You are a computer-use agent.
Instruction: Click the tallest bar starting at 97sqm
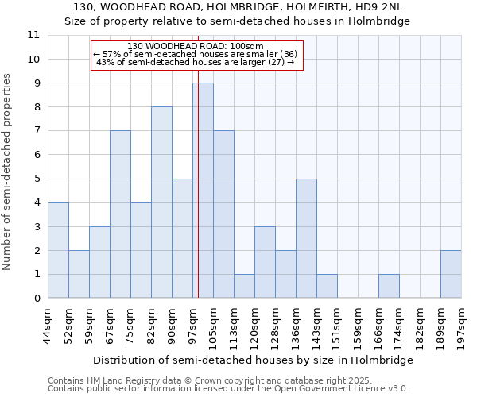203,191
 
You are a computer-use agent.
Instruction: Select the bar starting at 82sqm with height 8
161,202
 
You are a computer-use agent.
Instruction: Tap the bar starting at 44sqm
58,250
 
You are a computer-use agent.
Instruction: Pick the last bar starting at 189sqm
451,274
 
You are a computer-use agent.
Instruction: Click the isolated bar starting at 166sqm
389,286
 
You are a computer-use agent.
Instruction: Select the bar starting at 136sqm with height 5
306,238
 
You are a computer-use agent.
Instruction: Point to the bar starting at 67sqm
120,214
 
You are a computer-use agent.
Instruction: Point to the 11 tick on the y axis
33,35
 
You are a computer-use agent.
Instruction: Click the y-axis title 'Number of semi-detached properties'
8,172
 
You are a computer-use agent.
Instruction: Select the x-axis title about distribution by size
254,360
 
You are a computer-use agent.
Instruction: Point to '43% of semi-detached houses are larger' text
195,62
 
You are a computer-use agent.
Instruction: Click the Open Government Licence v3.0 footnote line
228,389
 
